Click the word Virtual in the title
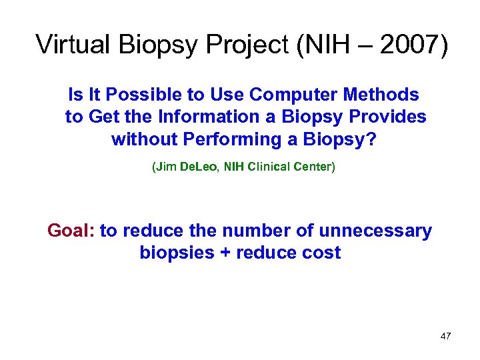(x=73, y=45)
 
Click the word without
(x=142, y=139)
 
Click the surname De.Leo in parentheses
(x=195, y=167)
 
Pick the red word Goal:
(x=71, y=231)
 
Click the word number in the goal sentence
(x=252, y=231)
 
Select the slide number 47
(x=445, y=336)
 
